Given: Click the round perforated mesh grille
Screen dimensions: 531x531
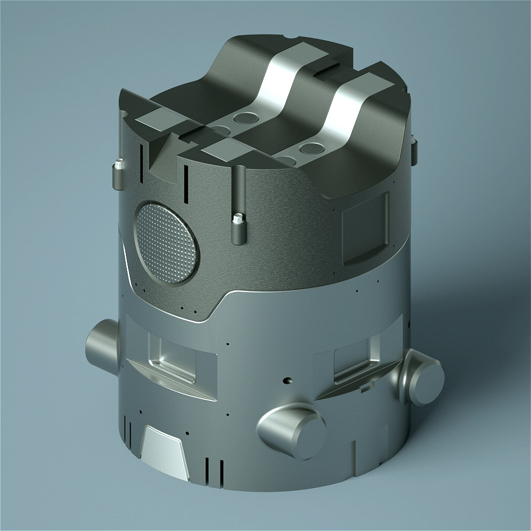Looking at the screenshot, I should (x=168, y=242).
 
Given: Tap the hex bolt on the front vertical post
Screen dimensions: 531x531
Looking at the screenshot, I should (x=238, y=218).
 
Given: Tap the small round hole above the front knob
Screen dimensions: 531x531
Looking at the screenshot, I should (x=287, y=381).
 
